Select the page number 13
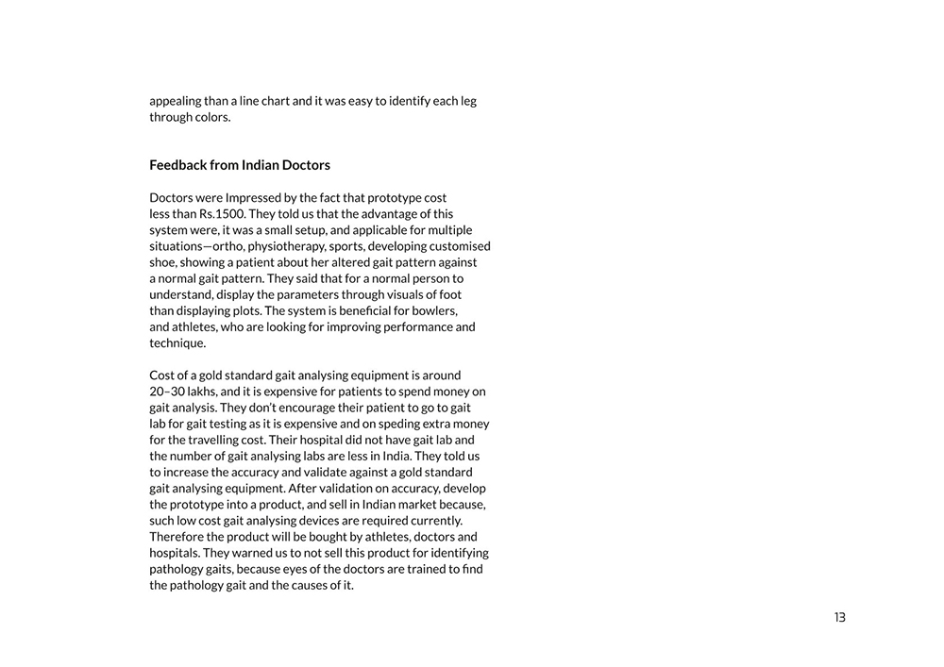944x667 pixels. coord(839,618)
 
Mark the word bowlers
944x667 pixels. coord(435,310)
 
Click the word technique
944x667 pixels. coord(177,343)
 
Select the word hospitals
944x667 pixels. coord(173,553)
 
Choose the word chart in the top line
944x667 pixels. coord(272,101)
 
